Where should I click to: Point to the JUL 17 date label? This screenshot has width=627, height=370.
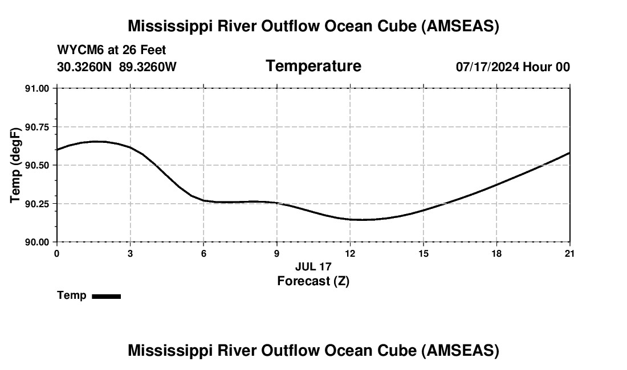tap(313, 266)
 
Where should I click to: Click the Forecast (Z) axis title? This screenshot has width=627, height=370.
tap(313, 281)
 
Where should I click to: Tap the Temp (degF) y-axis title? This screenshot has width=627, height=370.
tap(16, 165)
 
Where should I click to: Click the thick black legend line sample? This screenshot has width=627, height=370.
tap(106, 296)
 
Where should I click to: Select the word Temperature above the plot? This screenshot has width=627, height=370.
tap(313, 66)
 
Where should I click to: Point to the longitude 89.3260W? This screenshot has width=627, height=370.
tap(148, 67)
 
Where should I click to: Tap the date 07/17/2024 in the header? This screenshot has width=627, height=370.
tap(488, 67)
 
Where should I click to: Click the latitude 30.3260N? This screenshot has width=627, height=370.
tap(85, 67)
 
